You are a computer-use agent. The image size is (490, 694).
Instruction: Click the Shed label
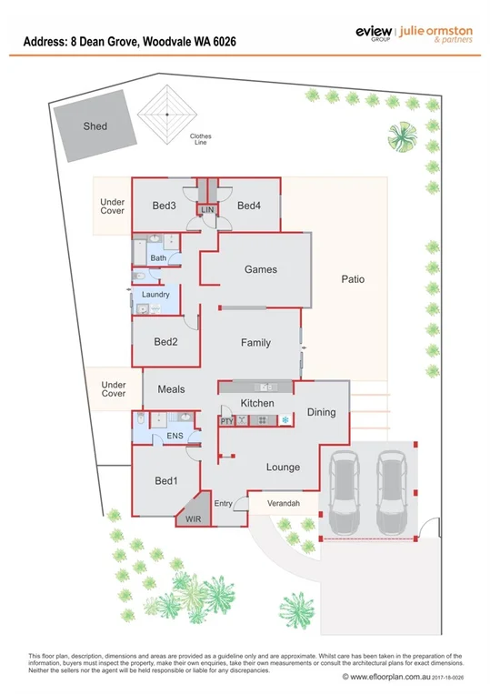[x=95, y=126]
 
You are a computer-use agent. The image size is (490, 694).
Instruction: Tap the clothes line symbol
[x=167, y=114]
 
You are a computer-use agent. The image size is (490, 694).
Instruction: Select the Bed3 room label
[x=164, y=206]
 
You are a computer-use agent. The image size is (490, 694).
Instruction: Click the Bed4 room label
[x=249, y=206]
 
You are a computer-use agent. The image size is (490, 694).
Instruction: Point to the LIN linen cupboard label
[x=206, y=210]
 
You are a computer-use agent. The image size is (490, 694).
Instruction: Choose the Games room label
[x=260, y=269]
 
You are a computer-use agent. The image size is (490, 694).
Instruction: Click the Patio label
[x=353, y=279]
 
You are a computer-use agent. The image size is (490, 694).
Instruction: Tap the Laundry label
[x=156, y=295]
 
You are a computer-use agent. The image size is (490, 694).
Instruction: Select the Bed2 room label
[x=165, y=342]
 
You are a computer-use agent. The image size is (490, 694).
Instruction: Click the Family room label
[x=255, y=343]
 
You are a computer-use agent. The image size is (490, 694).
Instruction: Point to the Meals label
[x=171, y=389]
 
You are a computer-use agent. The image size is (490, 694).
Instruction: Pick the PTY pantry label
[x=227, y=421]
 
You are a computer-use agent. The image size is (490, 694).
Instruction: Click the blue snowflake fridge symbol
[x=285, y=420]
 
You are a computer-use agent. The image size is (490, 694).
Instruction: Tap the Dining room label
[x=321, y=412]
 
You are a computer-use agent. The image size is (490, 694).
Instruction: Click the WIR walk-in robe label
[x=193, y=518]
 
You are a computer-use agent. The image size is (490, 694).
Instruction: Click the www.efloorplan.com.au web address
[x=385, y=676]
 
